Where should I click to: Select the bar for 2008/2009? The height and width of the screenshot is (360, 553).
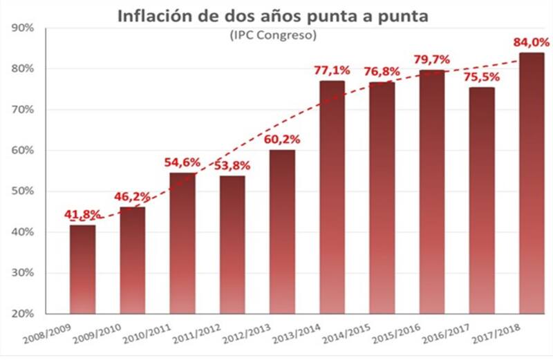point(82,269)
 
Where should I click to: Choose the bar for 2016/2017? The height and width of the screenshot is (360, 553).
point(482,200)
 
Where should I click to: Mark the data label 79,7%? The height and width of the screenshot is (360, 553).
point(432,59)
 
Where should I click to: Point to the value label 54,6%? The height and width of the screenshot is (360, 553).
point(182,163)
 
